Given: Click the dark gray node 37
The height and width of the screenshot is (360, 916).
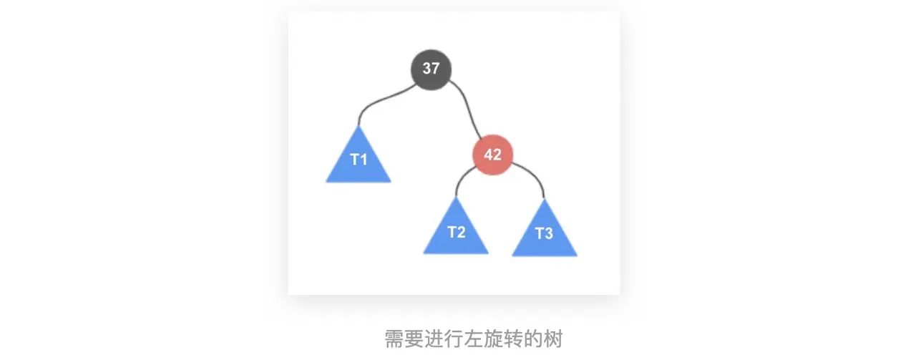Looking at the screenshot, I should pyautogui.click(x=431, y=69).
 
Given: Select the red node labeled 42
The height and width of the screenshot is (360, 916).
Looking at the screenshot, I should pyautogui.click(x=492, y=155).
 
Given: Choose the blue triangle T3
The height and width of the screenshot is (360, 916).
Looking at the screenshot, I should pyautogui.click(x=544, y=234).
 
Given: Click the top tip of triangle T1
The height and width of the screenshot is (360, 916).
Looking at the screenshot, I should pyautogui.click(x=358, y=127).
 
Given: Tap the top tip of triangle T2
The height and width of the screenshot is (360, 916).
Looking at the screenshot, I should pyautogui.click(x=456, y=198).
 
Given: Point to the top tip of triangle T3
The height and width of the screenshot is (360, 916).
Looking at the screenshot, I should pyautogui.click(x=544, y=200).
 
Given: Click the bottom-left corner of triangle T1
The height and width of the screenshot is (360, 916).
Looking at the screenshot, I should pyautogui.click(x=327, y=181).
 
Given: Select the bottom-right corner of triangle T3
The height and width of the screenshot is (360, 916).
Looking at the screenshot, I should pyautogui.click(x=576, y=255).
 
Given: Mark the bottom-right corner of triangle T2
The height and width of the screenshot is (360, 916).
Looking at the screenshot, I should pyautogui.click(x=487, y=253).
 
